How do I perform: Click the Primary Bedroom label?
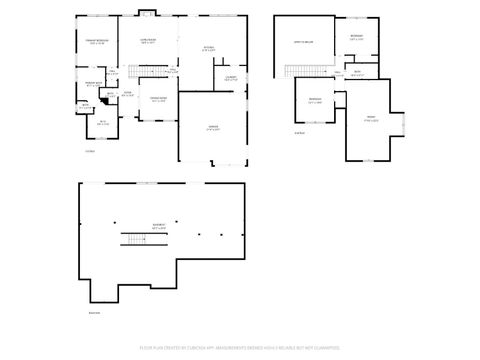96,41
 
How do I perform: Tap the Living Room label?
147,41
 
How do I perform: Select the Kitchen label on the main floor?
209,48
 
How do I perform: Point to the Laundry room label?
230,78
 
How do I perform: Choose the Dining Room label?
158,99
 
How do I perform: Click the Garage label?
213,127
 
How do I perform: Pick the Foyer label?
127,94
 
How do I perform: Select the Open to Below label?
304,43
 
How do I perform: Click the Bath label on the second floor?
357,72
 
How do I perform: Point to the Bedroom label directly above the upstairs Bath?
357,37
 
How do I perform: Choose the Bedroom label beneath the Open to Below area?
315,99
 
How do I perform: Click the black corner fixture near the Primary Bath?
85,102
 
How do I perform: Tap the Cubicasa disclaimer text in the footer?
240,347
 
